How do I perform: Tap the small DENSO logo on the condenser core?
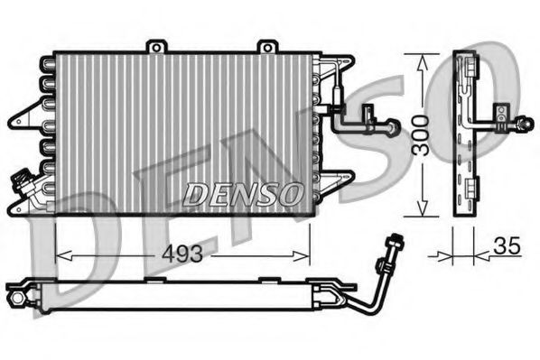(244, 192)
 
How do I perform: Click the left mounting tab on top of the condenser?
(158, 45)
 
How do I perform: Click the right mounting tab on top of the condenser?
(266, 45)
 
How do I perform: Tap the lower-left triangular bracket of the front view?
(20, 208)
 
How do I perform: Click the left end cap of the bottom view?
(16, 295)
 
